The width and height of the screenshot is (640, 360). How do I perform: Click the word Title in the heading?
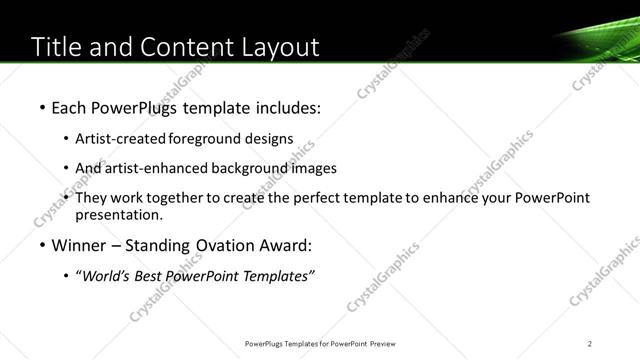58,47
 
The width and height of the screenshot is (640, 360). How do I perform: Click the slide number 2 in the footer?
590,344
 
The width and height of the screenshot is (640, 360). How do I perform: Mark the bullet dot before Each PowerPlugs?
41,106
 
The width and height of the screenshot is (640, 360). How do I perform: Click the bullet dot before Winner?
41,245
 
